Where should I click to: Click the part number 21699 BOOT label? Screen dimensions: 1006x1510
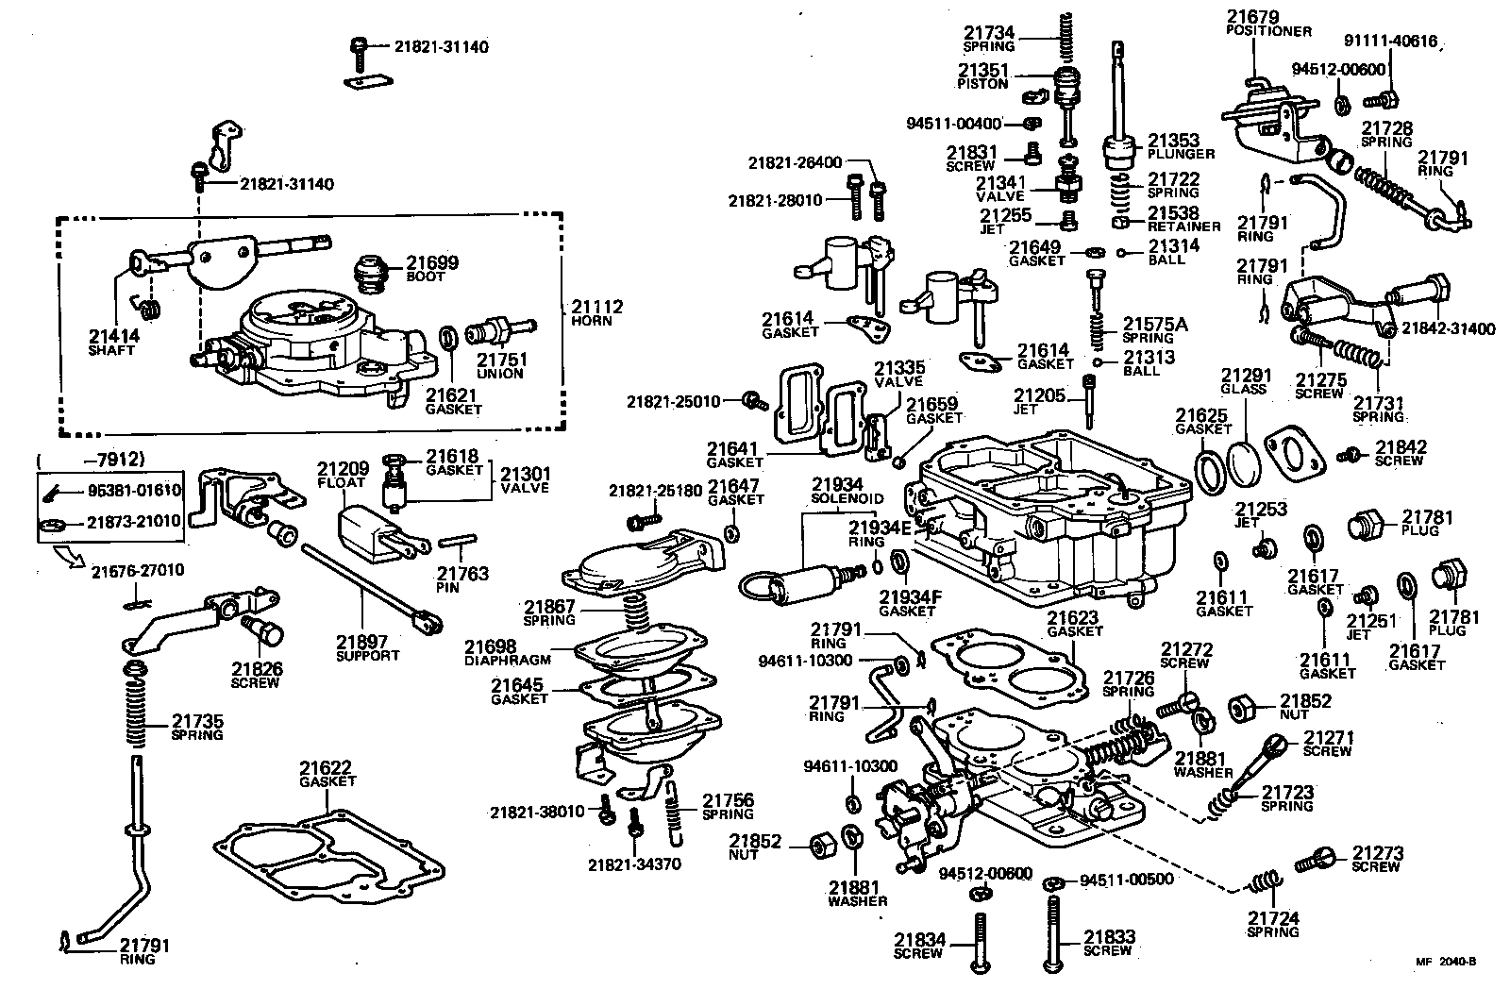pos(432,268)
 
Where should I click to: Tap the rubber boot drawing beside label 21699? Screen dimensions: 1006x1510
pos(374,275)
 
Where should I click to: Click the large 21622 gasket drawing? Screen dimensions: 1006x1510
pos(327,857)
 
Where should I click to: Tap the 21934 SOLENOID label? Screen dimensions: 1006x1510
pos(847,490)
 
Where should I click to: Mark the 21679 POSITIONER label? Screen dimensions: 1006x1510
pos(1267,23)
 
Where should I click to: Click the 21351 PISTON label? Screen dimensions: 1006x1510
pos(984,75)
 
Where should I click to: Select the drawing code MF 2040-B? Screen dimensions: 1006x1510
pos(1445,963)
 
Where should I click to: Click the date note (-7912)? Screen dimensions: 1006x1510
pos(90,460)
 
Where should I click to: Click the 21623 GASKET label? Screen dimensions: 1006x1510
pos(1075,625)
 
